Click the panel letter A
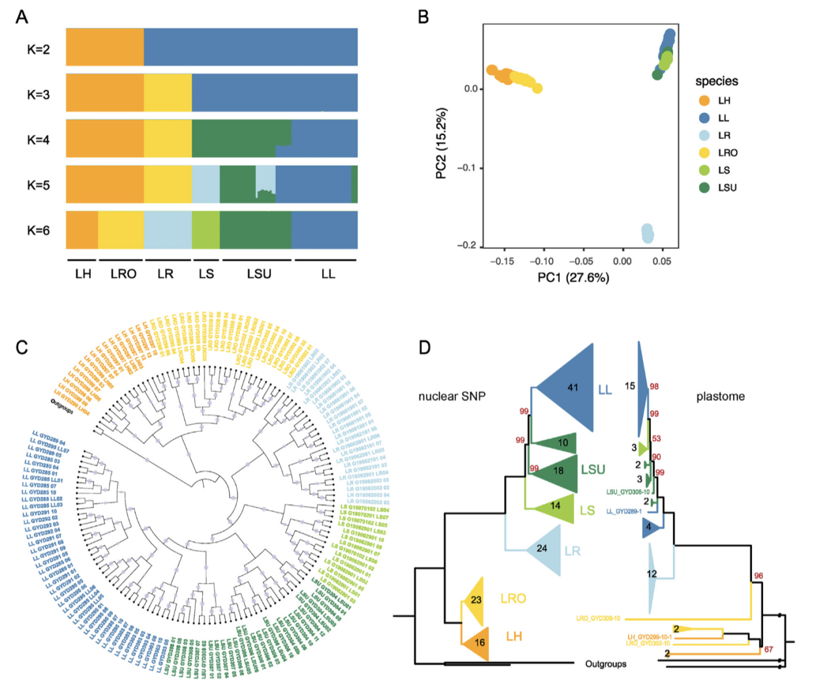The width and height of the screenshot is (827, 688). [x=22, y=16]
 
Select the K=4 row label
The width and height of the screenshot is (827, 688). [x=38, y=140]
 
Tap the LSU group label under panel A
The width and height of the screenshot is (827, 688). [x=259, y=274]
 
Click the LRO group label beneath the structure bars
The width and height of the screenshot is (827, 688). [x=123, y=274]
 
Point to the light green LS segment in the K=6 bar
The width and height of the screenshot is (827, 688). [x=205, y=230]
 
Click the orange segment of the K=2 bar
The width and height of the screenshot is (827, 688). [x=105, y=47]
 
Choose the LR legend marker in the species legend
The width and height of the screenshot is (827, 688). [x=704, y=136]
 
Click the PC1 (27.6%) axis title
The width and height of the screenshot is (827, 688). [x=573, y=278]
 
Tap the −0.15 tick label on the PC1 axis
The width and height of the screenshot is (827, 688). [x=501, y=261]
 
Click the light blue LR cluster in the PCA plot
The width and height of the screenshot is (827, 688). [x=647, y=233]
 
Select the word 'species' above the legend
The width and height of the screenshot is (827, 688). [x=716, y=82]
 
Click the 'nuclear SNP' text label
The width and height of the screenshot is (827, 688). [x=451, y=396]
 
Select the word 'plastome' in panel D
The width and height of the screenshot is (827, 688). [x=720, y=396]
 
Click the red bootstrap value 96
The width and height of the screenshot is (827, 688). [x=759, y=576]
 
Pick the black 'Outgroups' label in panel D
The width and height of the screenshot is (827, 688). [x=605, y=664]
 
